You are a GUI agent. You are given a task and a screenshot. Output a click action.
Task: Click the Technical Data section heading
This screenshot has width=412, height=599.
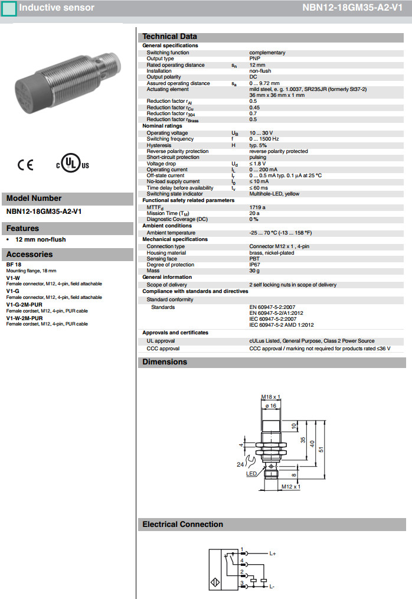pos(170,37)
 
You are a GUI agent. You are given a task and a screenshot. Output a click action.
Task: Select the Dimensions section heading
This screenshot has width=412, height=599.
pos(165,362)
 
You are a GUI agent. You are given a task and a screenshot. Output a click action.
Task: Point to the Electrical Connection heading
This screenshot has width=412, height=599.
pos(183,524)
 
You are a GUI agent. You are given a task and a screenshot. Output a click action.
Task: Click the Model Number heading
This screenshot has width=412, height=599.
pos(34,198)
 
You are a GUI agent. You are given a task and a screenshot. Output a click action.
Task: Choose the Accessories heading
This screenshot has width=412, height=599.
pos(30,255)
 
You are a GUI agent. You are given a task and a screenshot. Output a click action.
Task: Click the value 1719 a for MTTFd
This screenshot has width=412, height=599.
pos(257,207)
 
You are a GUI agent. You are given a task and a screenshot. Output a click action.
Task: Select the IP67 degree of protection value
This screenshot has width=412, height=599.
pos(254,265)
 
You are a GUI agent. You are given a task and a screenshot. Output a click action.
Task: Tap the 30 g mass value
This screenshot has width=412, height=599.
pos(254,271)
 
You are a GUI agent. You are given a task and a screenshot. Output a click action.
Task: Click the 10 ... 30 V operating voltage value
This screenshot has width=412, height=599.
pos(261,133)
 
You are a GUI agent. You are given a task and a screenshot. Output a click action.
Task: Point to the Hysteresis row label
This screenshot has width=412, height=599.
pos(159,145)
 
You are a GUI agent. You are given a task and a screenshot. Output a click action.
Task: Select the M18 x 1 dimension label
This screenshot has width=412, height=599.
pos(270,396)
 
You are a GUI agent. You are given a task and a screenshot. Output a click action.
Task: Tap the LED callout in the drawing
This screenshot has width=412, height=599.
pos(251,474)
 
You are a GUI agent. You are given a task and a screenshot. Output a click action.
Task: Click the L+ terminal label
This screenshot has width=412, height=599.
pos(273,554)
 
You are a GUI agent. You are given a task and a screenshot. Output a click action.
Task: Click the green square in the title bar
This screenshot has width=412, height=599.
pos(9,8)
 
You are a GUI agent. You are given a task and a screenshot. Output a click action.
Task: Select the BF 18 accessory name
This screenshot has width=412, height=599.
pos(14,265)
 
